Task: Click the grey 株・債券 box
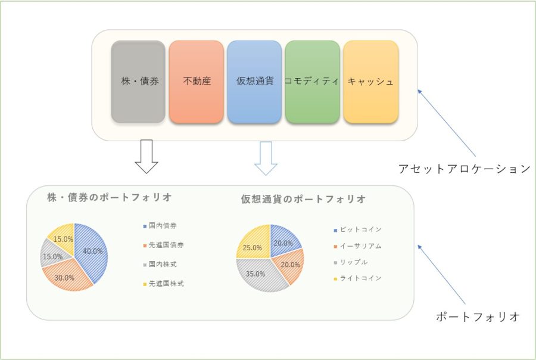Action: pos(138,82)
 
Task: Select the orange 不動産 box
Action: pos(196,82)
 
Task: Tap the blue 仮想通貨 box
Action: pos(254,82)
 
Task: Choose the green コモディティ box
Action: pos(312,82)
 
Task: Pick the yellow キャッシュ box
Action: pos(370,82)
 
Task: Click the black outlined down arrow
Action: pos(147,156)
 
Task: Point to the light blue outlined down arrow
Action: pos(266,159)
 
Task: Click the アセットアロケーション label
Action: pos(464,169)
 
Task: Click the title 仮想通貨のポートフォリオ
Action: pos(303,199)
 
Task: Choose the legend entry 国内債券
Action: pos(162,226)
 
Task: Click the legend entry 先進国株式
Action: pos(166,284)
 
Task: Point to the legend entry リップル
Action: pos(355,262)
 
